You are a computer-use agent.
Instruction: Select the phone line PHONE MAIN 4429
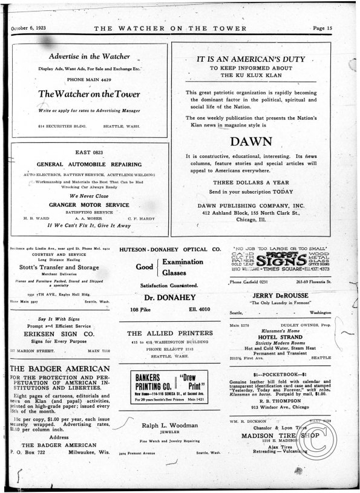coord(89,80)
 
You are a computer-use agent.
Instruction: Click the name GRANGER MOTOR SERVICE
coord(89,204)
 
